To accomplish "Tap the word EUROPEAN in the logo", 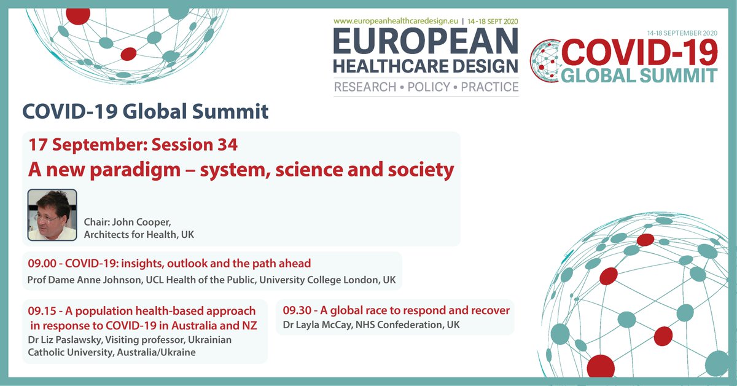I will pyautogui.click(x=426, y=42).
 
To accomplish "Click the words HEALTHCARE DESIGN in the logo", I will pyautogui.click(x=426, y=65).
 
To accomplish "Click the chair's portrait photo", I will pyautogui.click(x=52, y=215).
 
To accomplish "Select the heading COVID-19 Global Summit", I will pyautogui.click(x=146, y=111).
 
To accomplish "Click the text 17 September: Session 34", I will pyautogui.click(x=133, y=146).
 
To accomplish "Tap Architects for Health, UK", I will pyautogui.click(x=139, y=235).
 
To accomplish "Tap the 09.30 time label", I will pyautogui.click(x=296, y=310).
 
